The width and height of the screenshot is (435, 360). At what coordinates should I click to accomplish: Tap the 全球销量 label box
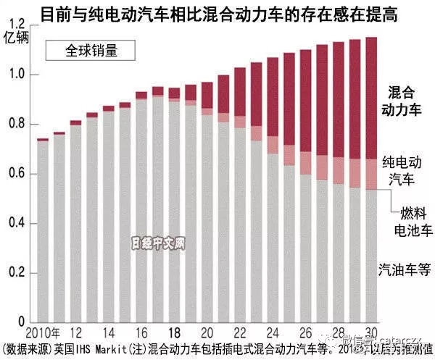91,51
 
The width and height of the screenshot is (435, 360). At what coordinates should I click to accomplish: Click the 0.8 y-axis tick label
16,125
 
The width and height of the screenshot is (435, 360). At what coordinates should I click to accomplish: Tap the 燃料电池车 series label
415,222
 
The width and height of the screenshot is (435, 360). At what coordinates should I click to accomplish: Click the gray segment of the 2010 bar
43,232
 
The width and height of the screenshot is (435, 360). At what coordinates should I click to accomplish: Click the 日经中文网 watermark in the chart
159,244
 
